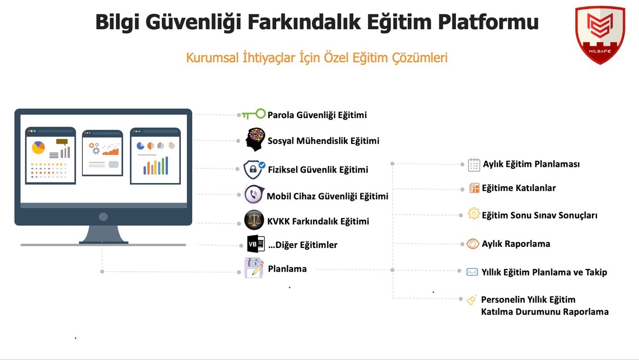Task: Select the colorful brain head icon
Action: [255, 140]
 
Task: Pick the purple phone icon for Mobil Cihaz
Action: [254, 194]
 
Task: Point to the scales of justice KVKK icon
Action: [254, 220]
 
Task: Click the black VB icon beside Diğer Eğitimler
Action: [255, 244]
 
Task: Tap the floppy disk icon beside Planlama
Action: [254, 268]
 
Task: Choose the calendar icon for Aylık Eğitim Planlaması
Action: [474, 165]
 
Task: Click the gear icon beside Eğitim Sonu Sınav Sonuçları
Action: [474, 214]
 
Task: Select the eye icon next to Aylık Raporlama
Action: [473, 244]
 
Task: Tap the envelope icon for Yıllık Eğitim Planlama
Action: [472, 272]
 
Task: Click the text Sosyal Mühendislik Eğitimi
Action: [323, 141]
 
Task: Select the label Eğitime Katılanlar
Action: [519, 188]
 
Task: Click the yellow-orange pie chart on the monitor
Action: [38, 147]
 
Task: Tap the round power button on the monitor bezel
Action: [103, 217]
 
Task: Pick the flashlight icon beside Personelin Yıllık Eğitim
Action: [472, 299]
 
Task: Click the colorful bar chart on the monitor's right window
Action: [155, 166]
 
